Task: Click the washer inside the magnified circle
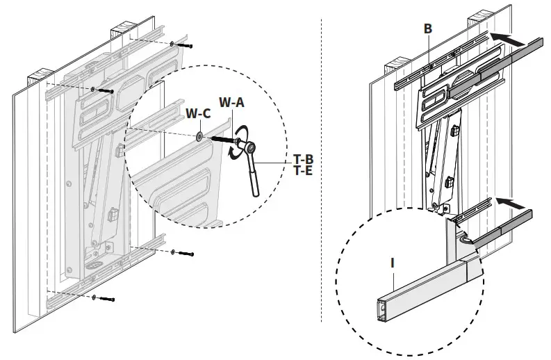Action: tap(199, 136)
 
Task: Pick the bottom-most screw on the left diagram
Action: tap(106, 299)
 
